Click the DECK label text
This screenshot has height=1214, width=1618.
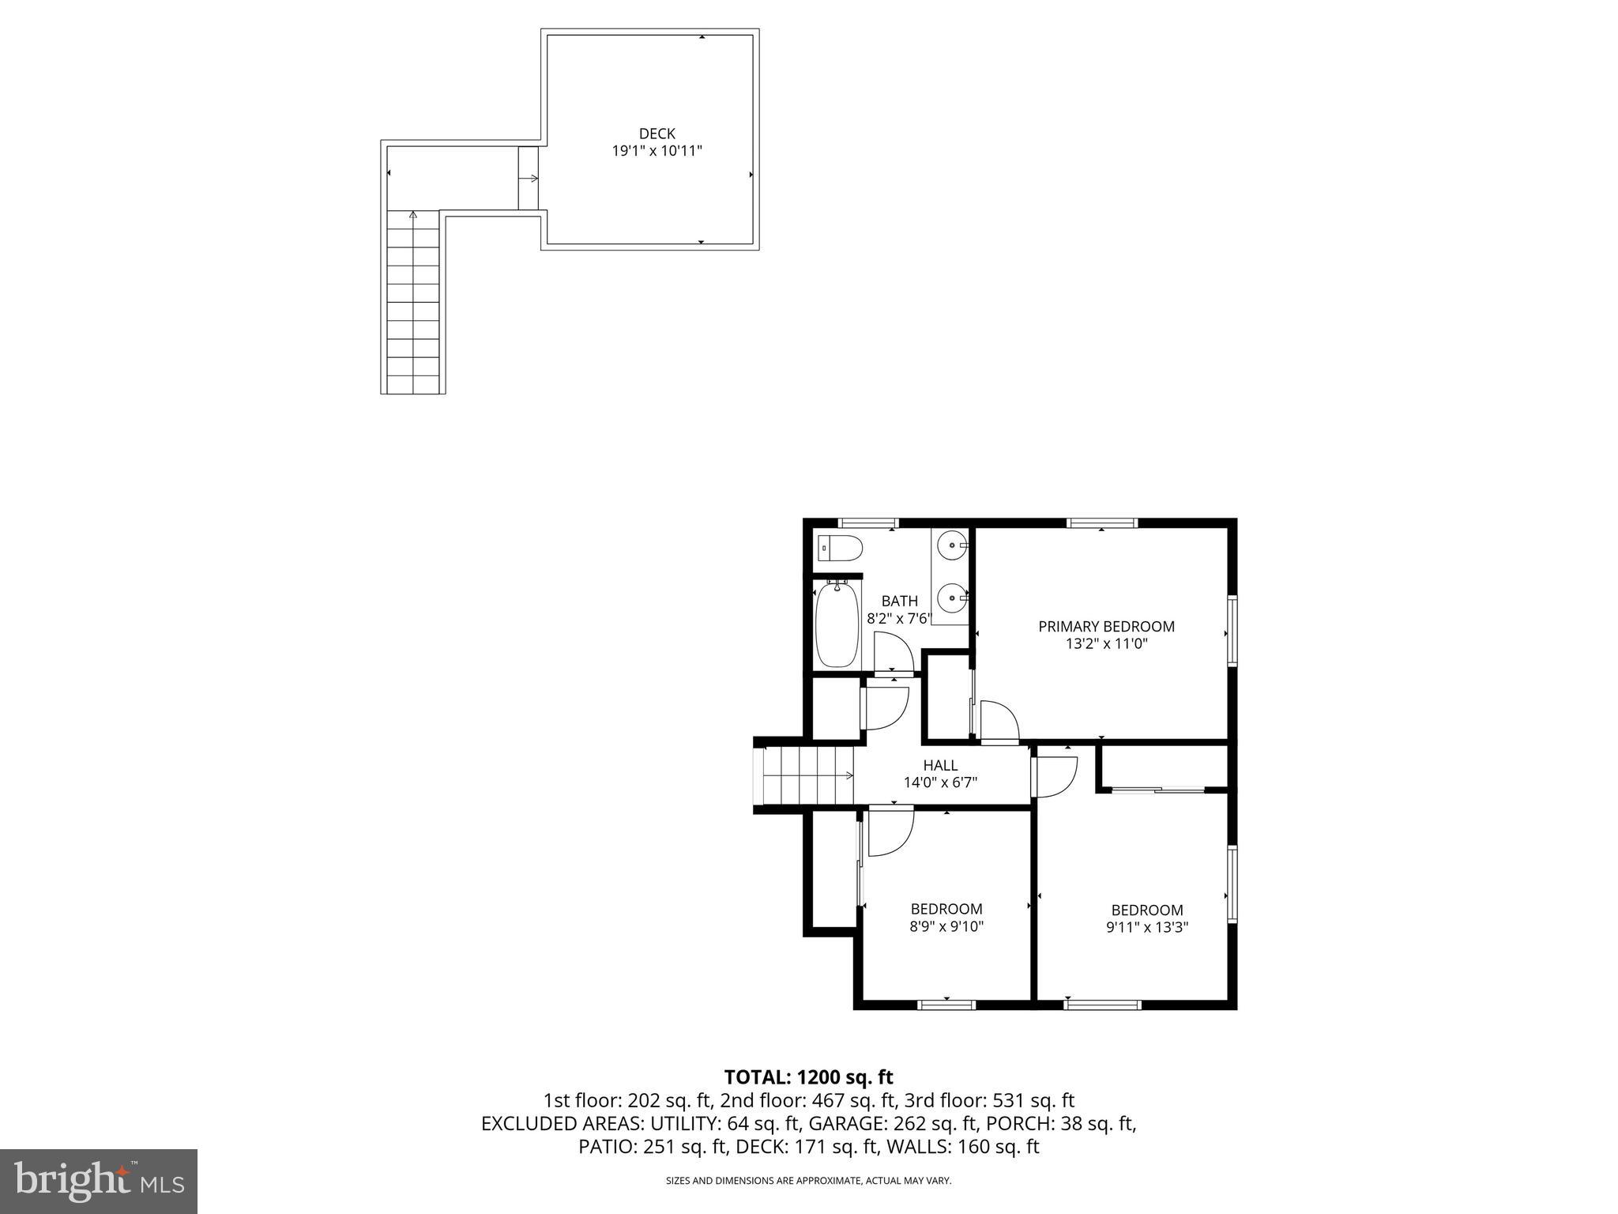657,134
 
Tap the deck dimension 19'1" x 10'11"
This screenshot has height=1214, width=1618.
657,151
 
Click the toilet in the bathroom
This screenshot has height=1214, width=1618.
840,546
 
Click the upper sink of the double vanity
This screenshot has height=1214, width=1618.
952,545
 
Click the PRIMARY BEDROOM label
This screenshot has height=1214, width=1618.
1105,627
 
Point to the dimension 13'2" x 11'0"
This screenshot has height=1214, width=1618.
1105,644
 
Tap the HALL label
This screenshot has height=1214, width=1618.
940,765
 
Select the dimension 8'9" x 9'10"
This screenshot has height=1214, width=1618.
946,926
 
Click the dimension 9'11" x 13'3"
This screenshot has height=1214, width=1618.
1146,927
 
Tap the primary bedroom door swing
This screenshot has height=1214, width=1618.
999,721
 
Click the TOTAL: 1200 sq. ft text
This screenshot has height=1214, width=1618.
808,1076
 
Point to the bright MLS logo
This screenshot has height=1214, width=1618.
99,1181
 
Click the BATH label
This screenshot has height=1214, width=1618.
899,601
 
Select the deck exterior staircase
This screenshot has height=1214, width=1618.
412,304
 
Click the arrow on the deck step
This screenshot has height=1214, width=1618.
529,179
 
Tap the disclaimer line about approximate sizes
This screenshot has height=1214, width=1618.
808,1181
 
